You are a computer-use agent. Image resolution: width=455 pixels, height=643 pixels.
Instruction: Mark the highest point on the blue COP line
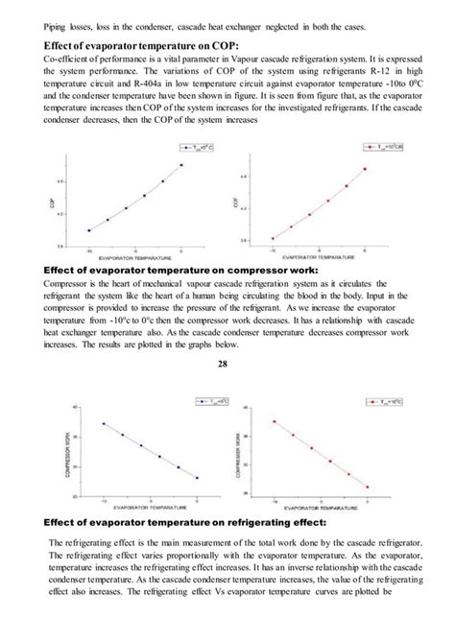coord(181,164)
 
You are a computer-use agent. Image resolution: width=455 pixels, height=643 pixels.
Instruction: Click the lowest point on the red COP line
coord(273,238)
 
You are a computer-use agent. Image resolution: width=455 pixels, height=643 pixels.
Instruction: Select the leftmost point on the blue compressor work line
coord(103,423)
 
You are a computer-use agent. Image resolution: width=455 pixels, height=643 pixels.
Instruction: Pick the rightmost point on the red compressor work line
coord(367,487)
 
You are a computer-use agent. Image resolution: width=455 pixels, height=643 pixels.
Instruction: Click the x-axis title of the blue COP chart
coord(140,259)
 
